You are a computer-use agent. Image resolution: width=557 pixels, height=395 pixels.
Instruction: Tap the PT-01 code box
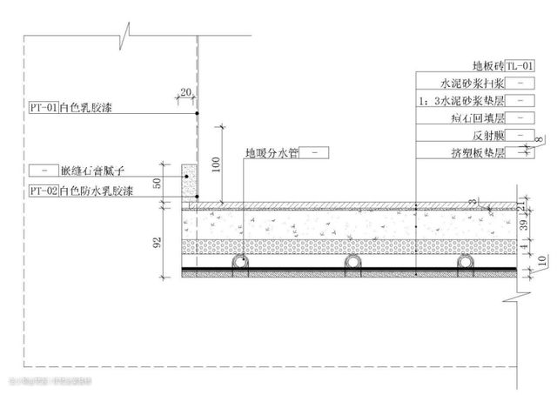click(x=43, y=109)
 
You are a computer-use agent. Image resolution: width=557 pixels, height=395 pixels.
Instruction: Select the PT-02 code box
click(x=43, y=189)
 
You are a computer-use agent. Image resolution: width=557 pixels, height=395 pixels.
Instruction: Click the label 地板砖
click(x=486, y=65)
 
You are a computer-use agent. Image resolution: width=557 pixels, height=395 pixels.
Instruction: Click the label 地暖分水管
click(x=273, y=153)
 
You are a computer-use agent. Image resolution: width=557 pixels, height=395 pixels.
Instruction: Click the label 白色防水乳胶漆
click(x=97, y=189)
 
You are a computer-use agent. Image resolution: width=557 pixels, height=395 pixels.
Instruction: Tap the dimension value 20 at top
click(x=185, y=90)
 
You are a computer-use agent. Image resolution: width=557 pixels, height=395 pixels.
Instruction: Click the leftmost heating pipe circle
click(x=237, y=262)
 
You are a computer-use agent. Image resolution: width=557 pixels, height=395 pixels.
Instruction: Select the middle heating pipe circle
click(x=352, y=262)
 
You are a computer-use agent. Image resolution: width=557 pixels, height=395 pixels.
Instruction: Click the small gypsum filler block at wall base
click(x=189, y=180)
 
